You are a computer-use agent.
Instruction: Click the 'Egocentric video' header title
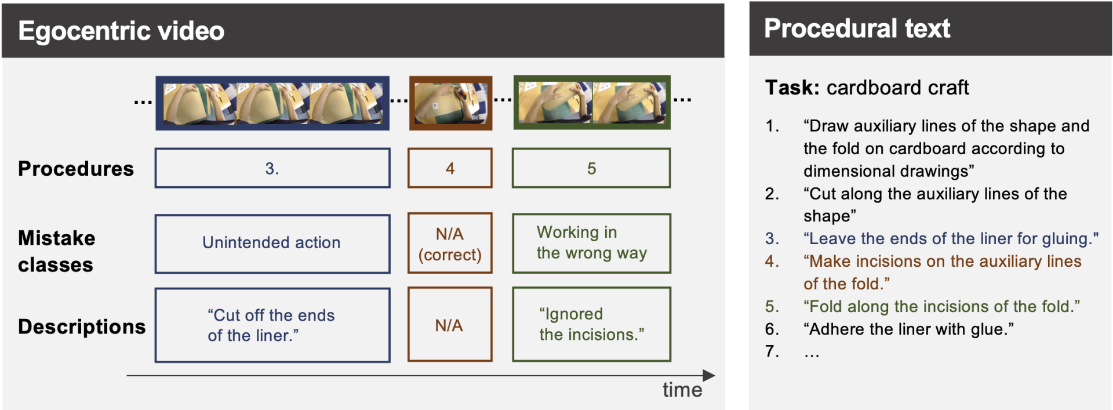point(121,31)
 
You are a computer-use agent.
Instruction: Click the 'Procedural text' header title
point(857,28)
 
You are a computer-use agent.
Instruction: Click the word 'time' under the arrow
point(682,390)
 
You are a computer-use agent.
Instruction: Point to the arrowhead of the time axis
point(710,376)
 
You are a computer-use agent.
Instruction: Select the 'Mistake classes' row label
point(56,251)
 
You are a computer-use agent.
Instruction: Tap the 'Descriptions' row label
point(82,326)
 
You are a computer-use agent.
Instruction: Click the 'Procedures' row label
point(76,168)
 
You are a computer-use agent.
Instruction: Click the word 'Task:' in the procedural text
point(792,88)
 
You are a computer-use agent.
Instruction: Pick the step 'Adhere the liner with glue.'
point(908,329)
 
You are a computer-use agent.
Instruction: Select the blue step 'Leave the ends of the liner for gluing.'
point(951,238)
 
